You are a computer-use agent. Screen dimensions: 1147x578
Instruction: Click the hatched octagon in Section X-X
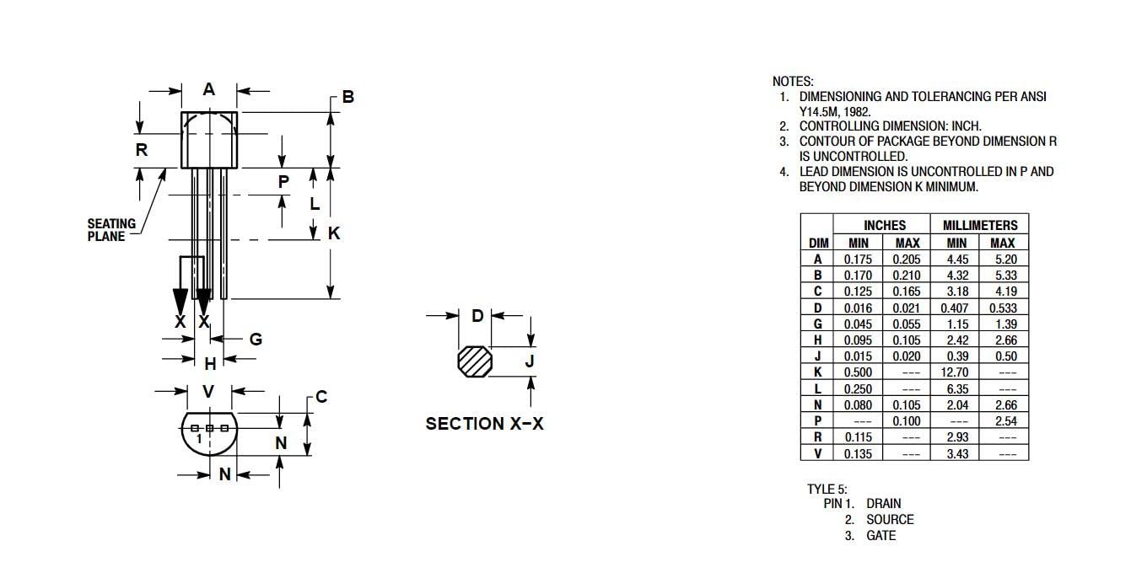pos(475,361)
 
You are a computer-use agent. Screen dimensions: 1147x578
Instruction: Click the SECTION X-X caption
pos(484,424)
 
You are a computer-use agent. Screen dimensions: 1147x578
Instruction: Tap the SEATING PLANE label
pos(111,230)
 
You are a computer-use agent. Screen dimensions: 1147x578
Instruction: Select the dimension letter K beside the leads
pos(334,233)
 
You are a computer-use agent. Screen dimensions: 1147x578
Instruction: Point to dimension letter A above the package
pos(209,89)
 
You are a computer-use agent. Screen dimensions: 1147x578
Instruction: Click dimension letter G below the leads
pos(256,339)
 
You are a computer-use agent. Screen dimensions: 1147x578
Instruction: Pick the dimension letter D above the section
pos(477,316)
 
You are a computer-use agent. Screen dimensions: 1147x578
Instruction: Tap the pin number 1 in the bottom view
pos(199,438)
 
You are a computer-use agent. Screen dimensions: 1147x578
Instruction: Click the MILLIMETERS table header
pos(980,225)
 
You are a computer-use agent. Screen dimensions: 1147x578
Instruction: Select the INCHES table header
pos(885,225)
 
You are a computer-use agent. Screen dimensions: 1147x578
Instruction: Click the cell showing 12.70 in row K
pos(955,372)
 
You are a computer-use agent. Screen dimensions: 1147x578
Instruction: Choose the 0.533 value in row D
pos(1003,308)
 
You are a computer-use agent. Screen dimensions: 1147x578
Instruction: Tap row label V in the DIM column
pos(818,453)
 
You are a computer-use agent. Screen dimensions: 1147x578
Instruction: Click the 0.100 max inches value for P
pos(907,421)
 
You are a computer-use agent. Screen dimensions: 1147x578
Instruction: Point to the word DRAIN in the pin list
pos(883,503)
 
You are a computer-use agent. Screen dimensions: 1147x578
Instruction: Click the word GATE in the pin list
pos(880,536)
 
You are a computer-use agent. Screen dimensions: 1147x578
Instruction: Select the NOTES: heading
pos(793,82)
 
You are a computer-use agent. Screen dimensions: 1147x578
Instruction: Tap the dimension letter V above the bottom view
pos(207,391)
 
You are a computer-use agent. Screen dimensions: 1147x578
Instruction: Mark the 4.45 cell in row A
pos(957,260)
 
